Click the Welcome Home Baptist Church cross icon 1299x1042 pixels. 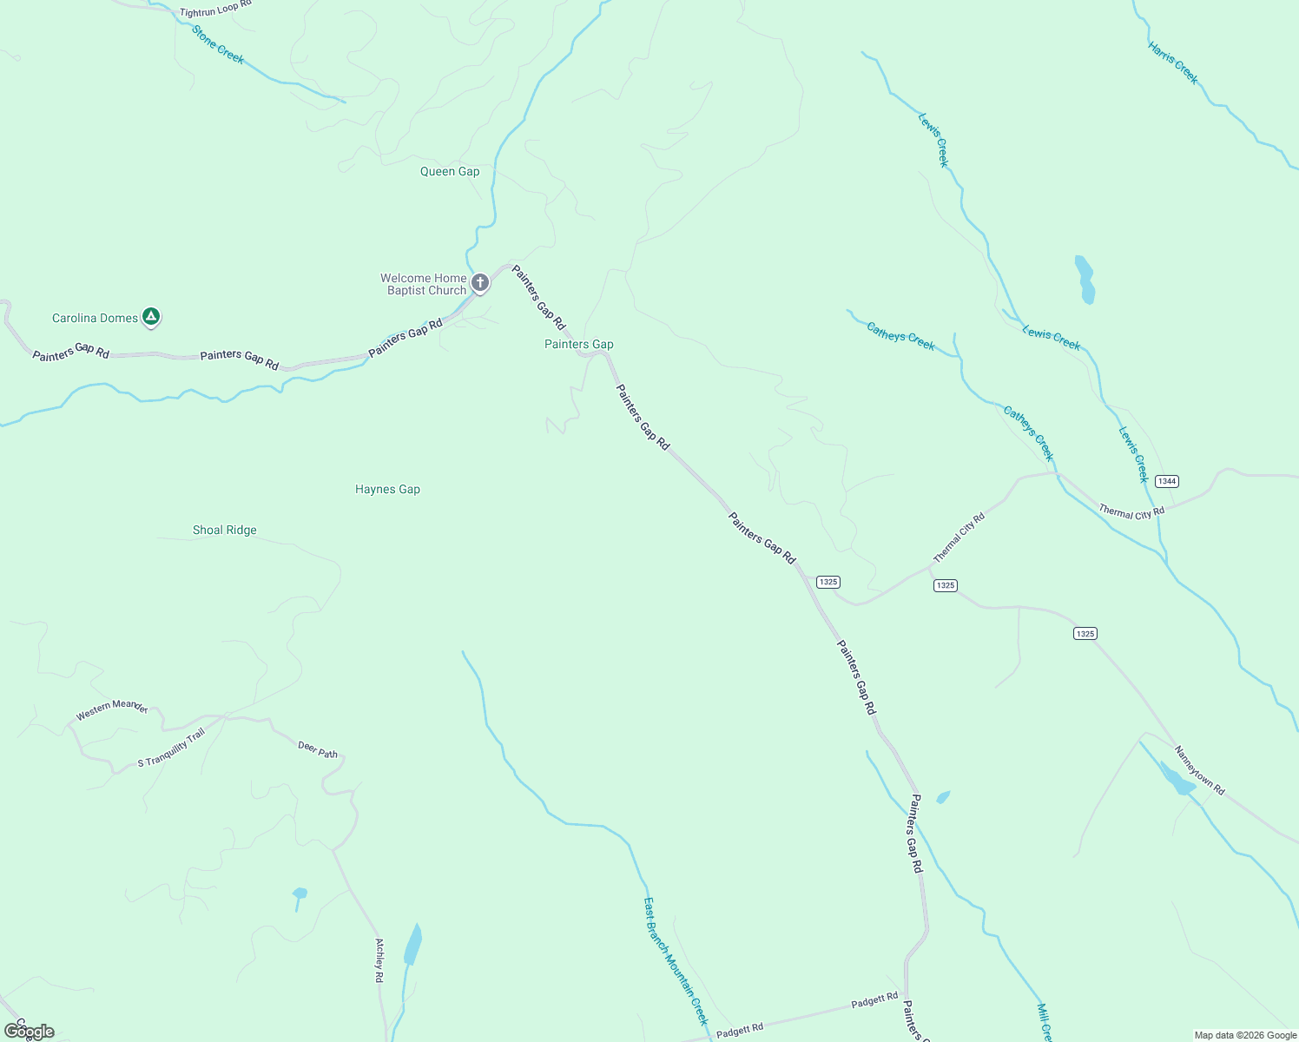click(x=480, y=282)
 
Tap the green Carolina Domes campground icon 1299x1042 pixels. click(x=151, y=317)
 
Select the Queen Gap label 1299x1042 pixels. click(x=450, y=171)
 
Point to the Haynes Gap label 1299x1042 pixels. click(x=387, y=489)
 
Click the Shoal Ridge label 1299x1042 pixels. click(x=225, y=530)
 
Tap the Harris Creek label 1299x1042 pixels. click(x=1173, y=63)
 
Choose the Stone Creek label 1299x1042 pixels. click(x=218, y=44)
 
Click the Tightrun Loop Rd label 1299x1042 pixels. click(x=215, y=10)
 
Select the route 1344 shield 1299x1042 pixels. click(x=1167, y=481)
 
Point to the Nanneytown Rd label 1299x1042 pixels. click(x=1199, y=770)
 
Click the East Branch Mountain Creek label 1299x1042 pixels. click(x=676, y=961)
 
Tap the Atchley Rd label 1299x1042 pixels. click(x=379, y=960)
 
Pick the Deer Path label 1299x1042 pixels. click(x=318, y=749)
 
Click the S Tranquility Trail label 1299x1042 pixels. click(x=171, y=749)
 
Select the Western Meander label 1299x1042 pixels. click(x=112, y=709)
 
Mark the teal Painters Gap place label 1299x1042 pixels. click(x=578, y=344)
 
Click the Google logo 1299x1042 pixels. click(x=30, y=1032)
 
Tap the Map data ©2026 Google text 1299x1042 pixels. click(x=1245, y=1035)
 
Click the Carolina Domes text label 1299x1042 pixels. click(x=95, y=318)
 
